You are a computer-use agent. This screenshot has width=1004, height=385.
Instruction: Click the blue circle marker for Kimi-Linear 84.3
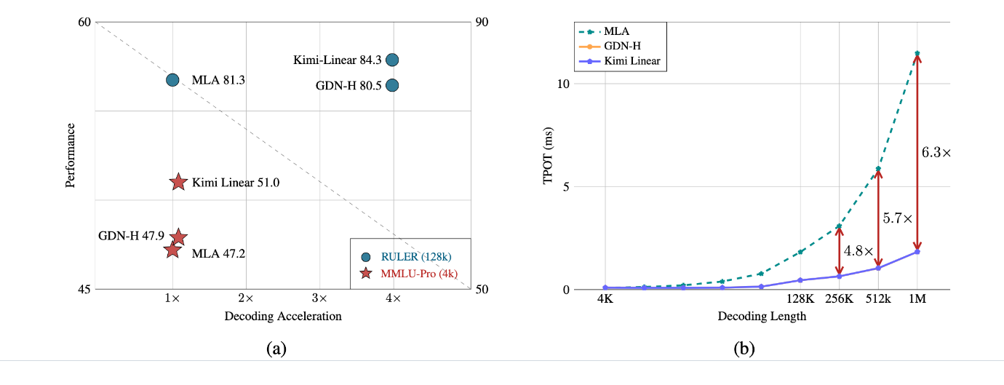click(392, 60)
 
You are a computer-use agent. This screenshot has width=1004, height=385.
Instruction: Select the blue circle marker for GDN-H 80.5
click(392, 85)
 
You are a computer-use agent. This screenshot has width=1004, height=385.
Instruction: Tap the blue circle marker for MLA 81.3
click(172, 80)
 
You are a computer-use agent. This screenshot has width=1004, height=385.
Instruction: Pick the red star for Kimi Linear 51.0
click(178, 183)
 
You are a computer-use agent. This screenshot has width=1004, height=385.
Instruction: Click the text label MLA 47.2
click(218, 254)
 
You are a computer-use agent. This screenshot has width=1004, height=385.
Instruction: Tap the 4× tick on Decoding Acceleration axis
click(393, 299)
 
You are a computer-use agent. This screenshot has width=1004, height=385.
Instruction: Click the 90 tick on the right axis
click(482, 23)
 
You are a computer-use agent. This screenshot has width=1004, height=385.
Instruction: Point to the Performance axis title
click(71, 155)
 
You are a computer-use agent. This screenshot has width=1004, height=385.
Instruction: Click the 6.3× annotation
click(936, 153)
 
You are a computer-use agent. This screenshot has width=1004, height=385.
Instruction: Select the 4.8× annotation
click(858, 250)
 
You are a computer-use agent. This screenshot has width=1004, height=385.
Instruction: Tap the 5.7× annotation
click(897, 218)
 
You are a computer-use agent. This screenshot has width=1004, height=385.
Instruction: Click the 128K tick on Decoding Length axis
click(800, 299)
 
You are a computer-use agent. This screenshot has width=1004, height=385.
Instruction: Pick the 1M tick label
click(917, 299)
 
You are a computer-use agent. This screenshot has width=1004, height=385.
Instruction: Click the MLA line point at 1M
click(917, 53)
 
